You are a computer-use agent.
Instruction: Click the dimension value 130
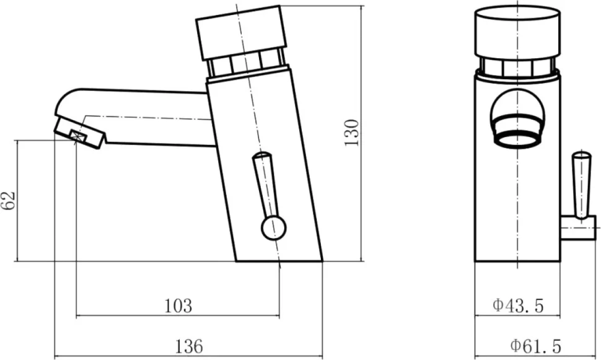click(x=351, y=133)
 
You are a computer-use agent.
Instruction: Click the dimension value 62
click(x=9, y=200)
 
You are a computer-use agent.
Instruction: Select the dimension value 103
click(x=178, y=306)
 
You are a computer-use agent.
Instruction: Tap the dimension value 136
click(x=188, y=346)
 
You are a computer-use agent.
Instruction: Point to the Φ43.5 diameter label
click(x=518, y=305)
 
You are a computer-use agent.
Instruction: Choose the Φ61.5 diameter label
click(x=535, y=346)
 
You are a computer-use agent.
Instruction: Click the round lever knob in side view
click(x=273, y=228)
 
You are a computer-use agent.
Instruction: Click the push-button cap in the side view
click(x=242, y=33)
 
